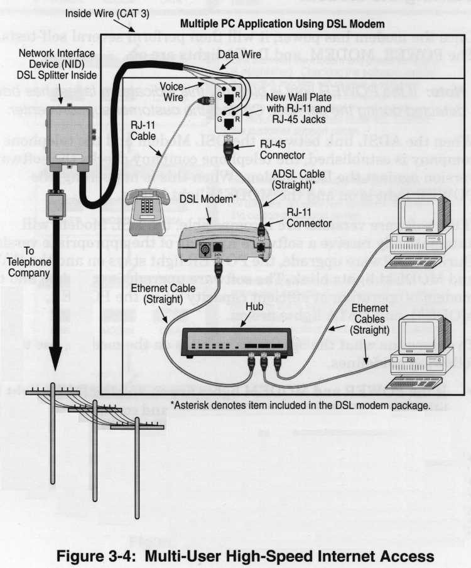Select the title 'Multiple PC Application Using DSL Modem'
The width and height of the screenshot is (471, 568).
pos(282,24)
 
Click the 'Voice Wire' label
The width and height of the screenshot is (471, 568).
pos(171,90)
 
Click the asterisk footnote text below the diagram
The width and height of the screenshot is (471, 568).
pos(300,405)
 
